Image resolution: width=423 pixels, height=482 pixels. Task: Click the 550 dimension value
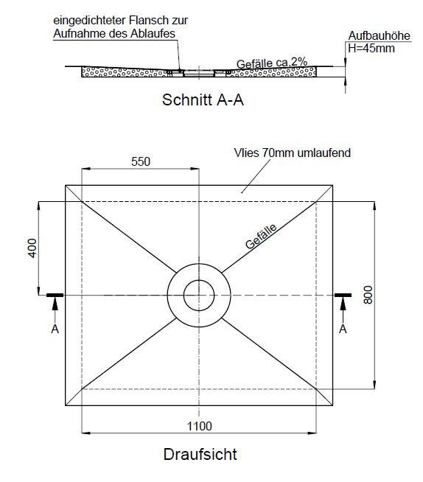[141, 161]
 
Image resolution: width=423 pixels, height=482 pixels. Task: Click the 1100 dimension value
[200, 427]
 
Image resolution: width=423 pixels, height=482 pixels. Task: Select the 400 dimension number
[32, 248]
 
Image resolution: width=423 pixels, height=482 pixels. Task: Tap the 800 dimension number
[368, 295]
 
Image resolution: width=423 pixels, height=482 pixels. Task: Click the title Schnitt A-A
[203, 100]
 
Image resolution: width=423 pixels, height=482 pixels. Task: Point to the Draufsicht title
[200, 454]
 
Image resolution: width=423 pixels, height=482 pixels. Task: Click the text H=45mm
[371, 49]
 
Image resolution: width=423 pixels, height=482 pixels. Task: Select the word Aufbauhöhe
[380, 35]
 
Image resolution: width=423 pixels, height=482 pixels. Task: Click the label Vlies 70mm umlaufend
[293, 153]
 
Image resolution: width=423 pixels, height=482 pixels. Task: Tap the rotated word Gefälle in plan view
[261, 236]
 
